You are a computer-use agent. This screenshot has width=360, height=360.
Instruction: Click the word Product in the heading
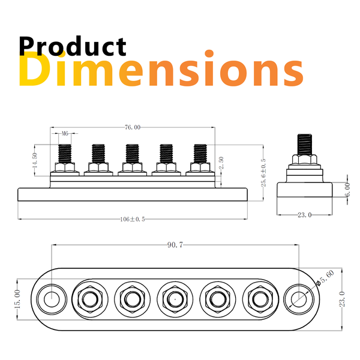pos(72,47)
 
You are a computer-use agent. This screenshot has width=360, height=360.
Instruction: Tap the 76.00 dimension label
pos(133,127)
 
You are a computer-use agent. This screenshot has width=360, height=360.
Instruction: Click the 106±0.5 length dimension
pos(132,219)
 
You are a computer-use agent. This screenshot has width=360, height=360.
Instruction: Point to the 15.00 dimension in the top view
pos(17,298)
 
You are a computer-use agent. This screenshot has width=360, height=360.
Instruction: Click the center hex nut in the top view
pos(174,298)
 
